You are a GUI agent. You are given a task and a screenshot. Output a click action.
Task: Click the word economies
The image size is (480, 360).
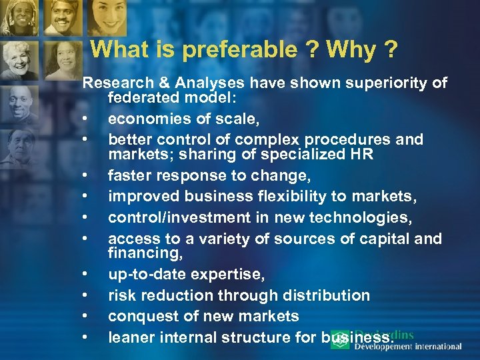pos(145,119)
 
